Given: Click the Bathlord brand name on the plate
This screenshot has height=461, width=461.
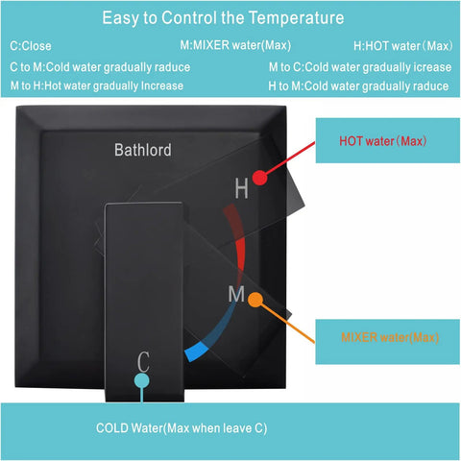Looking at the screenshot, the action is (x=143, y=150).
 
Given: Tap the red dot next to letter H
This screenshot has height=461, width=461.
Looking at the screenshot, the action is (x=259, y=178).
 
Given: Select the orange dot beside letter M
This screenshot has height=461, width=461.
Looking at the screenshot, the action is (x=255, y=300).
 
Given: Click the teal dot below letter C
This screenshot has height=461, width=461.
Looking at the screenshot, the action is (x=142, y=380).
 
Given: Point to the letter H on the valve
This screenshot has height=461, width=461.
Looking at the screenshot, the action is (x=241, y=188).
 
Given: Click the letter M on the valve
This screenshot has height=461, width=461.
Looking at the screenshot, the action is (x=236, y=294).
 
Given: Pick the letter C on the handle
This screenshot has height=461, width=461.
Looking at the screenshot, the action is (x=143, y=362).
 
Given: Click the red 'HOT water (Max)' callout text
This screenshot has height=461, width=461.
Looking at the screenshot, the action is (x=383, y=141).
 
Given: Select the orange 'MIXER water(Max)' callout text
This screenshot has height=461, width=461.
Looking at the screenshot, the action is (x=390, y=337).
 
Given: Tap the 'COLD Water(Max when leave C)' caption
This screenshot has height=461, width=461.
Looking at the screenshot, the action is (x=182, y=428).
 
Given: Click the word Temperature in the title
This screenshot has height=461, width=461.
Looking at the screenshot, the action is (x=297, y=18).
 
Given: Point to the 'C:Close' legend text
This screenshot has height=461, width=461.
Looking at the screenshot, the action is (x=31, y=46).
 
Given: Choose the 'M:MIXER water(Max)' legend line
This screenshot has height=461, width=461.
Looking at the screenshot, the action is (x=235, y=45).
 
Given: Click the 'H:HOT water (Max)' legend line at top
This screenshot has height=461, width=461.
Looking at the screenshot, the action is (x=403, y=46).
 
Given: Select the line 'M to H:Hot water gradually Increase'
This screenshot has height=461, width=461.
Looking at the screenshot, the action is (x=97, y=85).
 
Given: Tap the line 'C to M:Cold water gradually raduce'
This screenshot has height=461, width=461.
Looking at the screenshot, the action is (x=100, y=67).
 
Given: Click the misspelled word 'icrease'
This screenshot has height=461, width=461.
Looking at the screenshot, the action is (x=432, y=67).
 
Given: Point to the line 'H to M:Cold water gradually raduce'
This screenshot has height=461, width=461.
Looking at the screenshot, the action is (x=358, y=86).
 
